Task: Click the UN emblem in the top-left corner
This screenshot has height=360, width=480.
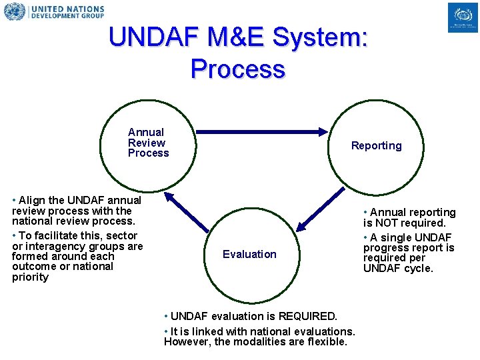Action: pos(14,12)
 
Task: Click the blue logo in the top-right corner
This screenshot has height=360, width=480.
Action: pos(463,17)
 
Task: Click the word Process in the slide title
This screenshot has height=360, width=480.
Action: pos(237,69)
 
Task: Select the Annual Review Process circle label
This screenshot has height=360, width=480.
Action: pos(148,143)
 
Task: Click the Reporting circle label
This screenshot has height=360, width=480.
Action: pos(377,146)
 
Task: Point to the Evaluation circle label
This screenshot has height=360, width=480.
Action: pos(249,254)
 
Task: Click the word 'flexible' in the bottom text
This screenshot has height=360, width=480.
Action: pos(327,342)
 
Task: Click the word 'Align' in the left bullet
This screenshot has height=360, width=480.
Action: pos(31,200)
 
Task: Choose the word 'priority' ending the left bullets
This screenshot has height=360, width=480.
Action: pos(30,277)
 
